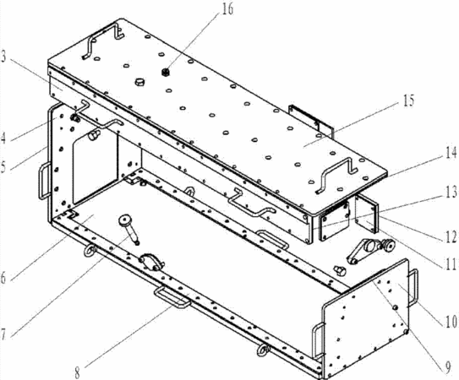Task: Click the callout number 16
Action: tap(227, 8)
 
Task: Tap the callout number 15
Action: tap(408, 100)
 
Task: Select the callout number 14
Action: tap(451, 153)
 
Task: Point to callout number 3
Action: tap(3, 57)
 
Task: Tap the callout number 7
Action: tap(3, 334)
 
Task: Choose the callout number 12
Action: tap(451, 236)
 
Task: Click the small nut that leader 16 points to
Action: tap(166, 72)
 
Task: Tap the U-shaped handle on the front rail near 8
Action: tap(172, 297)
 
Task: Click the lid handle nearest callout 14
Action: tap(336, 175)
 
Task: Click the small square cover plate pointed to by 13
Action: tap(334, 222)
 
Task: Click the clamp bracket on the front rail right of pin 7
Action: tap(152, 262)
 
